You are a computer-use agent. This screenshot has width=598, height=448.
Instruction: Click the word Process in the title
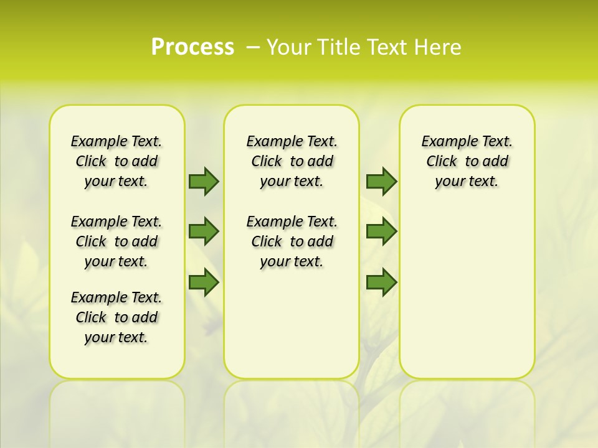[192, 47]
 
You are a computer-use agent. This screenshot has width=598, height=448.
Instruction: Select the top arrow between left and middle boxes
[204, 181]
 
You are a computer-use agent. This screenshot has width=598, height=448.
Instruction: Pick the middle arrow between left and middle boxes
[204, 231]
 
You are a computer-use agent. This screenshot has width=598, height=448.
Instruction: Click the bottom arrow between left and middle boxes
[204, 282]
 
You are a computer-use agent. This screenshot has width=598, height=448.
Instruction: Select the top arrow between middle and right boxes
[381, 181]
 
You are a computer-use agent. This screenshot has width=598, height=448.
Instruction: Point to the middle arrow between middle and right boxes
[381, 231]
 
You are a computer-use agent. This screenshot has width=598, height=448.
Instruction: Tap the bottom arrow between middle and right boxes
[381, 282]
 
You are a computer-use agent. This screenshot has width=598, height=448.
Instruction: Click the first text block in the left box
[116, 161]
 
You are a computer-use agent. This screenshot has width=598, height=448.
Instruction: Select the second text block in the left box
[116, 241]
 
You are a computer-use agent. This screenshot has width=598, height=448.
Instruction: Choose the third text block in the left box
[116, 317]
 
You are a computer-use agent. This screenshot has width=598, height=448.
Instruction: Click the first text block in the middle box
[292, 161]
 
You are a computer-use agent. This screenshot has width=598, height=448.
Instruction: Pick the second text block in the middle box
[292, 241]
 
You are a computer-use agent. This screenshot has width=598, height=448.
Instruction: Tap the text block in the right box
[467, 161]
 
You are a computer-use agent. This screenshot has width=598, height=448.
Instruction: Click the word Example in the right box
[443, 142]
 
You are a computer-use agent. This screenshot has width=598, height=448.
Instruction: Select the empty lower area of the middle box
[292, 324]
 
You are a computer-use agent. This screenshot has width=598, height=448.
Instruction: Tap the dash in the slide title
[253, 47]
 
